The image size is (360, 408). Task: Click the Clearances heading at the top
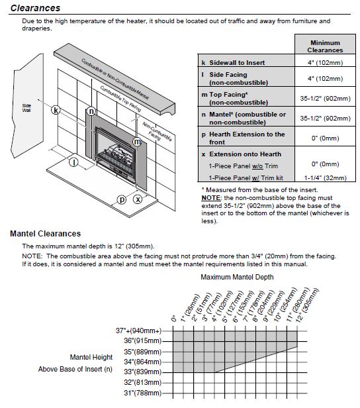click(x=35, y=8)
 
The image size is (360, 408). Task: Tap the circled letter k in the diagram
click(x=56, y=110)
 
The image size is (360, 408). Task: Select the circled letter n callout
click(x=91, y=111)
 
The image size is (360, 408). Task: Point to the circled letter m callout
click(x=137, y=142)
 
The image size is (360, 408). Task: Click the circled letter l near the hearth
click(x=74, y=163)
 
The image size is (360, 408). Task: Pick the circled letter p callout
click(x=121, y=199)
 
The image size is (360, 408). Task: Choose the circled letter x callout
click(x=138, y=199)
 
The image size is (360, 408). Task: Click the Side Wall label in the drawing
click(x=26, y=108)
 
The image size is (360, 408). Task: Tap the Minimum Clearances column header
click(x=325, y=46)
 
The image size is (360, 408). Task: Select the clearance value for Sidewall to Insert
click(x=325, y=62)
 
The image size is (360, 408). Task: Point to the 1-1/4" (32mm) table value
click(x=326, y=178)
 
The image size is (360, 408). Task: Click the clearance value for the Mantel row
click(x=325, y=119)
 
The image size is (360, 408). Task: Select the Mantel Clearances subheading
click(x=46, y=234)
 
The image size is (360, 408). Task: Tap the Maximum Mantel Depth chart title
click(x=237, y=277)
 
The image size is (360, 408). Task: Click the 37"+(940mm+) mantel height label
click(x=138, y=331)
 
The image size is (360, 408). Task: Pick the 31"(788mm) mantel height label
click(x=143, y=393)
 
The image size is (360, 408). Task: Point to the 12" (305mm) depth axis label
click(x=307, y=305)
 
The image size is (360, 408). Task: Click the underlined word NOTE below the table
click(x=211, y=198)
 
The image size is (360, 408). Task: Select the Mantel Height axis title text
click(x=91, y=357)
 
